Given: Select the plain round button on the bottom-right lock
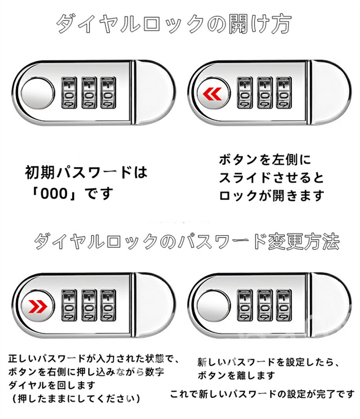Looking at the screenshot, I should pos(211,307).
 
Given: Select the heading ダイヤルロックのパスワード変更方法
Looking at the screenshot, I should pos(186,243).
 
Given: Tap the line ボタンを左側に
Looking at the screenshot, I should pos(265,160).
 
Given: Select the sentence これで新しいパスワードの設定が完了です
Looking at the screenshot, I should pos(262,394).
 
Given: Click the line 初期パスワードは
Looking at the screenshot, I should pos(86,172).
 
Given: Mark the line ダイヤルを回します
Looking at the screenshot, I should pos(52,385).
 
